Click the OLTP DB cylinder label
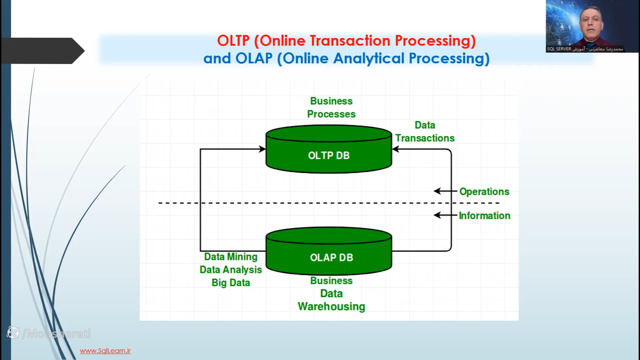tap(329, 156)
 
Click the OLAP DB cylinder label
tap(331, 258)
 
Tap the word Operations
tap(484, 192)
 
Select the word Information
tap(484, 216)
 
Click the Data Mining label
tap(231, 257)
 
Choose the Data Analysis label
tap(231, 270)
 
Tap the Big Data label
tap(231, 283)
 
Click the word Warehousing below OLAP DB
tap(331, 306)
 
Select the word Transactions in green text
tap(425, 138)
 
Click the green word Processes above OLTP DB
tap(331, 114)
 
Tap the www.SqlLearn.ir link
tap(105, 351)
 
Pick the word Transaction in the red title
tap(350, 41)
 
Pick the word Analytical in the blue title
tap(369, 59)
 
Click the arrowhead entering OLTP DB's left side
tap(263, 149)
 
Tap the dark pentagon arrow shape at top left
tap(43, 51)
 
